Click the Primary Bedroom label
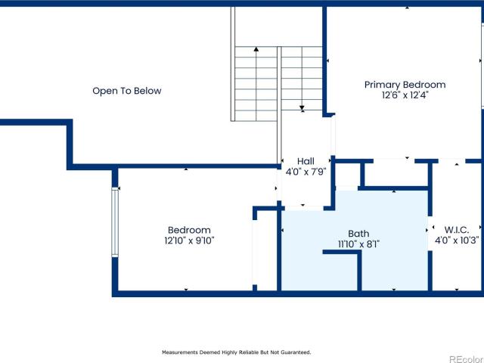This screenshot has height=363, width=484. tap(405, 85)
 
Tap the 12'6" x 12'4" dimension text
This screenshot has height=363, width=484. tap(405, 95)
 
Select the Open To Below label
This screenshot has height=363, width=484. tap(127, 91)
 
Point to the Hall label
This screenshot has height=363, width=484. tap(306, 161)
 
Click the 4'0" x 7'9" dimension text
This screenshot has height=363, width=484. tap(306, 172)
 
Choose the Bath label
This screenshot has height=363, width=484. tap(358, 234)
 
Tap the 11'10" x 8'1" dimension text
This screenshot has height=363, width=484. tap(358, 244)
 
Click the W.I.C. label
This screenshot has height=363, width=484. tap(457, 230)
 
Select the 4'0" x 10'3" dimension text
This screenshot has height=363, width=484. tap(457, 240)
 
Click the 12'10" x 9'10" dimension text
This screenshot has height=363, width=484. tap(189, 240)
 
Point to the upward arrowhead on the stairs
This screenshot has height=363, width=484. tap(256, 48)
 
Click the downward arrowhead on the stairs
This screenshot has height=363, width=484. tap(302, 108)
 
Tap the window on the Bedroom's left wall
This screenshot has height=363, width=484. tap(115, 222)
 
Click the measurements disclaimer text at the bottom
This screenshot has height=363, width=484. tap(237, 352)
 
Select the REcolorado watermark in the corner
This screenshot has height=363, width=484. tap(467, 359)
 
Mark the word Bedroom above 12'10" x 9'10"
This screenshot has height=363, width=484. tap(189, 230)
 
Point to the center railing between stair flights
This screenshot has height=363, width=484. tap(279, 105)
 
